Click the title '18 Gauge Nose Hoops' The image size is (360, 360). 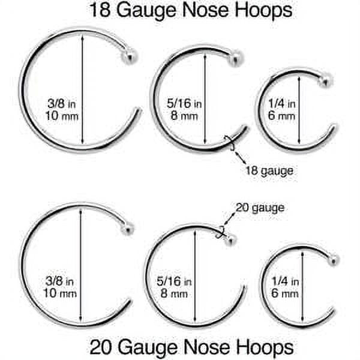coord(191,10)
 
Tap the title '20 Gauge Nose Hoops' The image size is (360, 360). coord(191,346)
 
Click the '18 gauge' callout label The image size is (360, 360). coord(269,171)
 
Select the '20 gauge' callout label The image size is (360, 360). coord(260,208)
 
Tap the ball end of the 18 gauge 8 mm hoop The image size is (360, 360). coord(236,58)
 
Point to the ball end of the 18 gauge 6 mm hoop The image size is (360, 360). coord(325,80)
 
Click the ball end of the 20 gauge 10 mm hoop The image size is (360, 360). coord(127,229)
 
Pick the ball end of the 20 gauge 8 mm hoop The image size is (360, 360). coord(231,239)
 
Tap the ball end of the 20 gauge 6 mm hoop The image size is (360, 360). coord(334,259)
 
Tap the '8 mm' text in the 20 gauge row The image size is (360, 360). coord(170,293)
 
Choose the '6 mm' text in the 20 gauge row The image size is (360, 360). coord(284,293)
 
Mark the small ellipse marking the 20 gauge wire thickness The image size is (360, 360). coord(221,233)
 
